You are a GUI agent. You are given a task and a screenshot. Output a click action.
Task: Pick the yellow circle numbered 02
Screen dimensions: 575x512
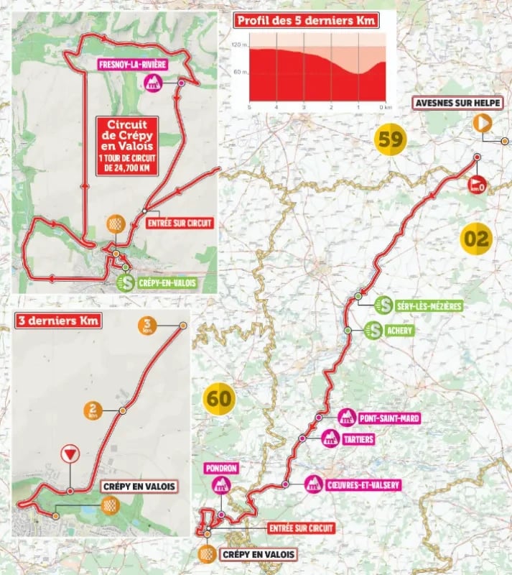tap(475, 238)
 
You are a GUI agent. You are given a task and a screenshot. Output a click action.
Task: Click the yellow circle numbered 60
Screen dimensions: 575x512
tap(221, 397)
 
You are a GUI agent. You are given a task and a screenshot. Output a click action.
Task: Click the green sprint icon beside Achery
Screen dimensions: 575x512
tap(373, 331)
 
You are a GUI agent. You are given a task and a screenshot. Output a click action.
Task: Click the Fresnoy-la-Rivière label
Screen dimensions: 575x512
tap(134, 63)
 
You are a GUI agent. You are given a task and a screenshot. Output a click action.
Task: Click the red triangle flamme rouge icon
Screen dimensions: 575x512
tap(70, 454)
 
